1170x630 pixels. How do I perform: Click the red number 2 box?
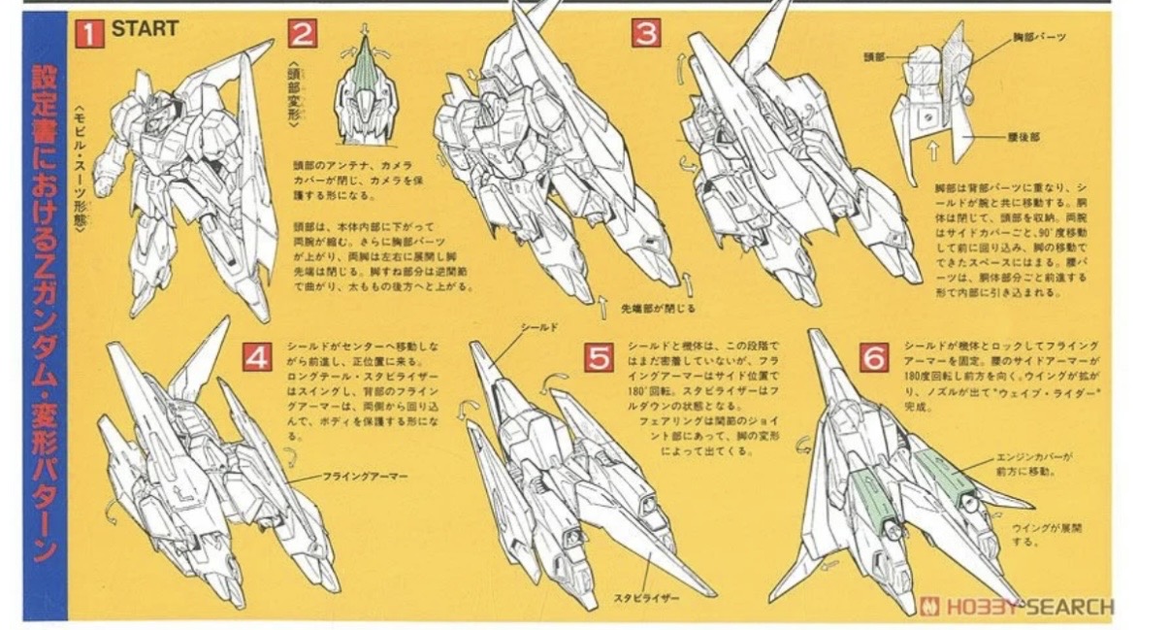point(302,35)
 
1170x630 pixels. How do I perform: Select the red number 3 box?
point(646,34)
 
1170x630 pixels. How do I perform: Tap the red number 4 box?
point(257,358)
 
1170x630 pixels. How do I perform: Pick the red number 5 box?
point(600,358)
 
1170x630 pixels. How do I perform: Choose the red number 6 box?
point(875,358)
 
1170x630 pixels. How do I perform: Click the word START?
point(145,29)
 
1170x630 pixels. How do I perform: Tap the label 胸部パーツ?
point(1039,37)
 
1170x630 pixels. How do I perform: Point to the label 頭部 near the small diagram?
point(876,57)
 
